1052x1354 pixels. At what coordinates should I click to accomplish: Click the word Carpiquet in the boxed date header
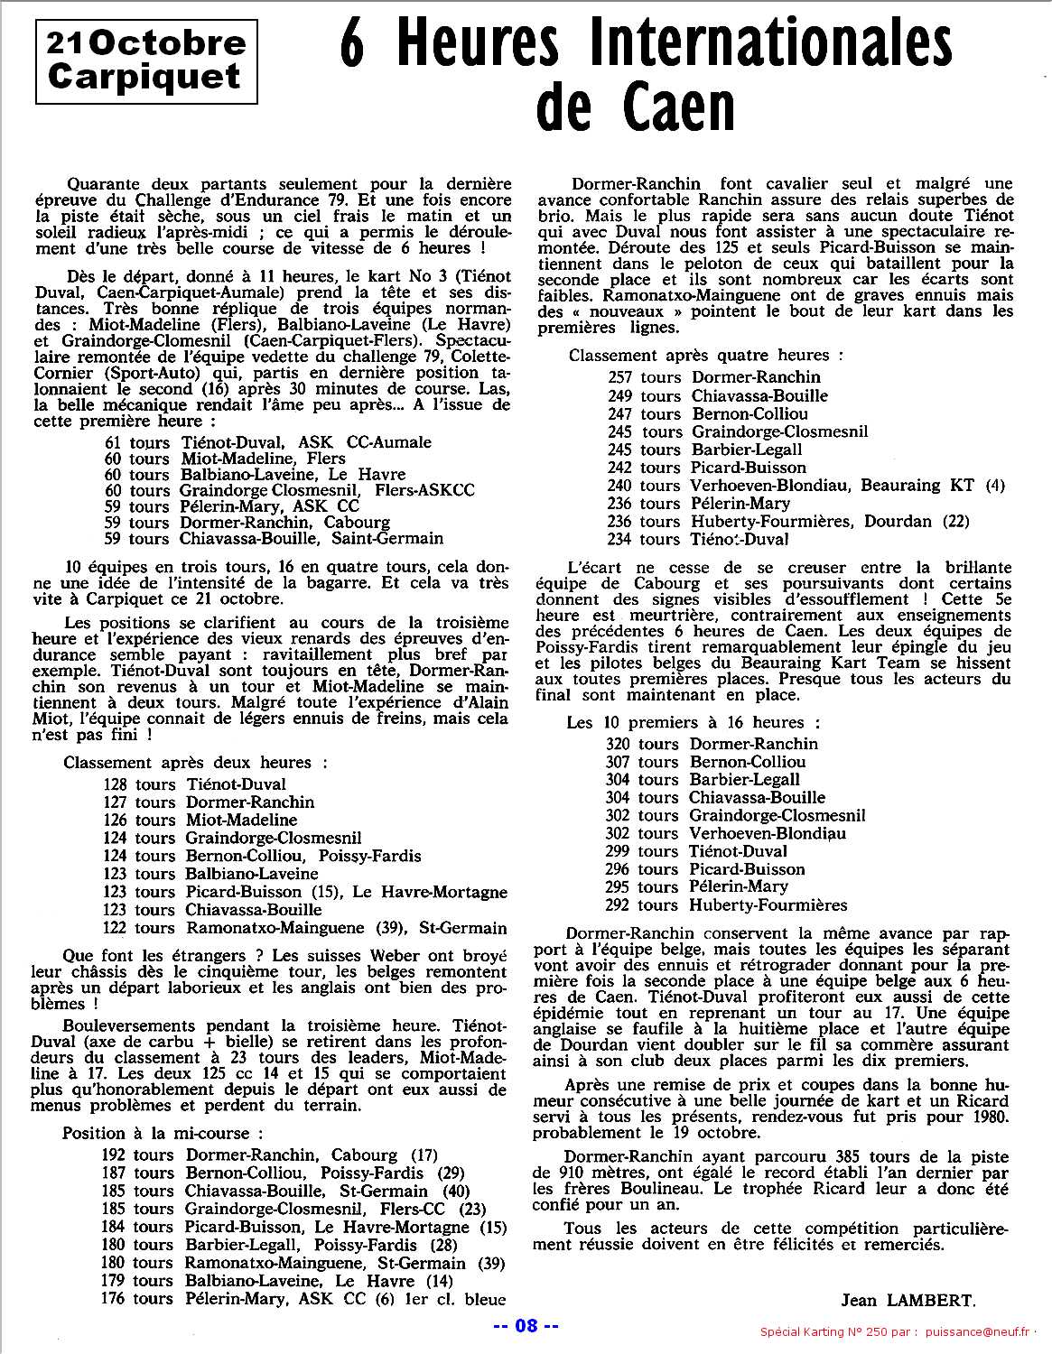pos(144,76)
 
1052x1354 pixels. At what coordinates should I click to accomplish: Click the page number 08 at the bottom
pos(526,1326)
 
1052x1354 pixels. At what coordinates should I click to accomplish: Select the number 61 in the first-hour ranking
pos(114,442)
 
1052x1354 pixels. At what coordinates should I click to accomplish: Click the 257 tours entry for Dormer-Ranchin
pos(645,377)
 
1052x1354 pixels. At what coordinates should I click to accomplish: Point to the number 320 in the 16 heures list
pos(618,744)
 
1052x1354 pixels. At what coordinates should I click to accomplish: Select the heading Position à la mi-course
pos(163,1133)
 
